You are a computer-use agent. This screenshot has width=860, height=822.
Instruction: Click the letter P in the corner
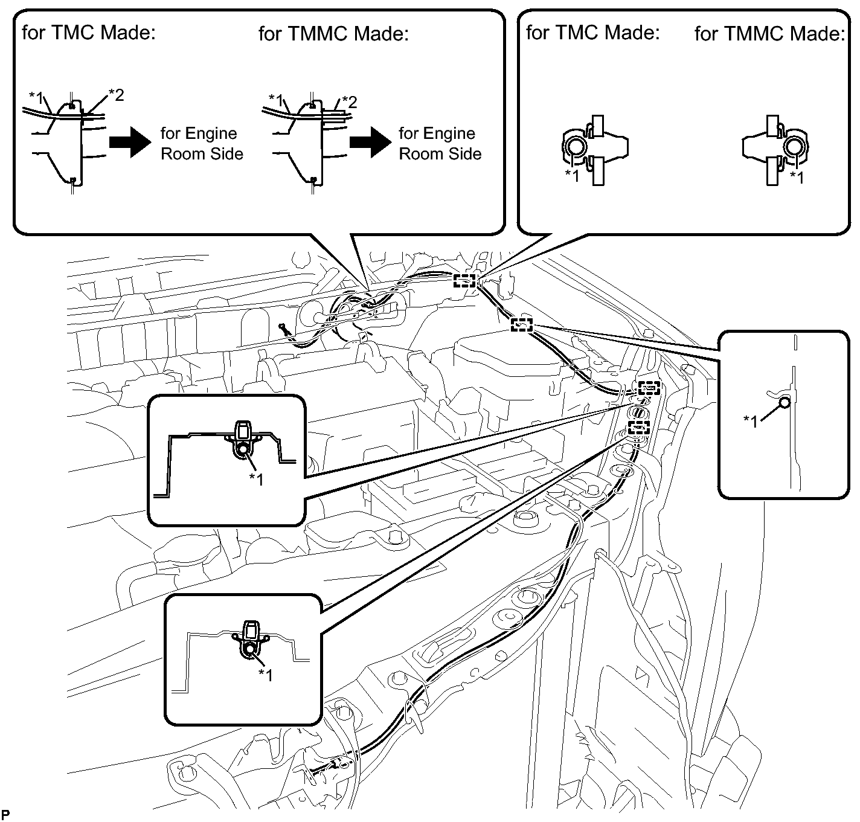[x=5, y=814]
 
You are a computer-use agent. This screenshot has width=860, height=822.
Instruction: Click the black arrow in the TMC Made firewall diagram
[x=130, y=143]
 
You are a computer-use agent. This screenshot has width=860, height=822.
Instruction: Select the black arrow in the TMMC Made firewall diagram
[x=370, y=143]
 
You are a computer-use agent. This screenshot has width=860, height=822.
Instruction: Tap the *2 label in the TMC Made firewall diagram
[x=116, y=95]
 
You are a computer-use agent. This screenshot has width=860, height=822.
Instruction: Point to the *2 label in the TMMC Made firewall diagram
[x=350, y=103]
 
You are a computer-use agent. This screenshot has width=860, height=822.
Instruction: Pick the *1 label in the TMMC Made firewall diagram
[x=276, y=100]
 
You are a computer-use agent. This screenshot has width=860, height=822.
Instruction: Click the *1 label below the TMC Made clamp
[x=573, y=176]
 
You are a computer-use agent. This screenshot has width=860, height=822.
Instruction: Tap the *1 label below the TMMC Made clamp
[x=797, y=178]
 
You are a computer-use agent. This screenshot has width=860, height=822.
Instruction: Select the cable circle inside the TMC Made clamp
[x=574, y=146]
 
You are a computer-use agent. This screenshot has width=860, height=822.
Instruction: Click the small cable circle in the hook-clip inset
[x=785, y=403]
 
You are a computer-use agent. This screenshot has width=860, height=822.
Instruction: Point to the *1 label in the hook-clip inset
[x=751, y=422]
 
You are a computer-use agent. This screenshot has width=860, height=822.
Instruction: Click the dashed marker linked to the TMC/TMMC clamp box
[x=464, y=281]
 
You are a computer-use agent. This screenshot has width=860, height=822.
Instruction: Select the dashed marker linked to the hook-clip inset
[x=522, y=325]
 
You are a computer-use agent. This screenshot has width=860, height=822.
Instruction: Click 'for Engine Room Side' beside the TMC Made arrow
[x=202, y=144]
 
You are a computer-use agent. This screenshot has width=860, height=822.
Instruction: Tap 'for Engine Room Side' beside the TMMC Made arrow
[x=440, y=144]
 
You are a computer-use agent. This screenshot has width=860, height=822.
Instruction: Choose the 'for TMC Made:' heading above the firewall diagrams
[x=89, y=33]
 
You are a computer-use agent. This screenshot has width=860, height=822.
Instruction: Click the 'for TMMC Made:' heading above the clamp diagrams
[x=770, y=34]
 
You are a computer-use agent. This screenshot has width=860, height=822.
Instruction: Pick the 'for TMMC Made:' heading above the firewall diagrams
[x=333, y=34]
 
